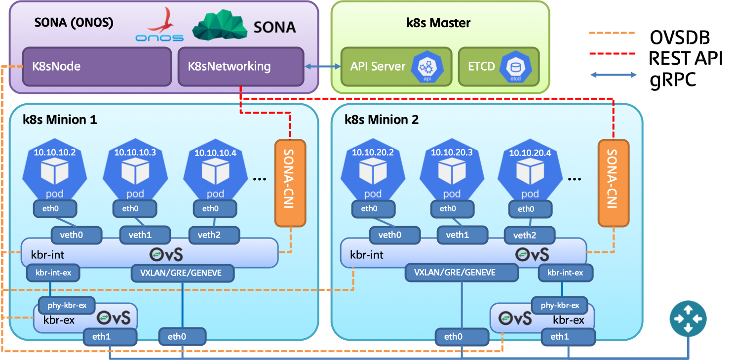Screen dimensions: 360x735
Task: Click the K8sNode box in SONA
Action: (97, 66)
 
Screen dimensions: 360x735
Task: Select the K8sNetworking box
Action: (240, 66)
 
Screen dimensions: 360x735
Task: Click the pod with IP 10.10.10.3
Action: (135, 170)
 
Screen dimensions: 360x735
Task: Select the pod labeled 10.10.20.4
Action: (530, 170)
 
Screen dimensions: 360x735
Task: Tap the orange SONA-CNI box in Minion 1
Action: (290, 183)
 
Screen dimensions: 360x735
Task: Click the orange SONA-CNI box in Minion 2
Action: (614, 183)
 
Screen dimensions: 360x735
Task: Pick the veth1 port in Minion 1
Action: (146, 235)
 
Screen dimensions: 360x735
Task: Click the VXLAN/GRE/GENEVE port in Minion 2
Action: (462, 272)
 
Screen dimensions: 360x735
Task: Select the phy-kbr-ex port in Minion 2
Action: (559, 305)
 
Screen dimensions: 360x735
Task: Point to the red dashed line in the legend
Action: (612, 53)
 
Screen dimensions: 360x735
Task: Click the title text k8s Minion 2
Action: (382, 120)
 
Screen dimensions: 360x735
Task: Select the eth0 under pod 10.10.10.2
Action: (55, 209)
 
